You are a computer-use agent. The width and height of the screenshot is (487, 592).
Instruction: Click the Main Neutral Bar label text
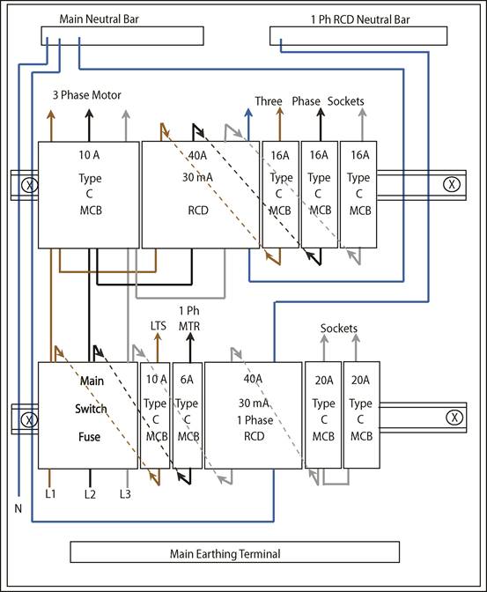99,18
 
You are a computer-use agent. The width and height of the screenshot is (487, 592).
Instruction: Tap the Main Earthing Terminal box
225,554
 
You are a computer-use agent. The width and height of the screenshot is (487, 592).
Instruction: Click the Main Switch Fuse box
88,415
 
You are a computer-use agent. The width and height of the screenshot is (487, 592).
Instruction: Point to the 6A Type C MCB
187,415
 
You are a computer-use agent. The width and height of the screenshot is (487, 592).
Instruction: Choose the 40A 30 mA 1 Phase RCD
253,415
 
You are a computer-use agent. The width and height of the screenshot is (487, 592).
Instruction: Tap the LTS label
159,326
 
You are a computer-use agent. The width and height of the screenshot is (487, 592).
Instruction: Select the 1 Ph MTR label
188,318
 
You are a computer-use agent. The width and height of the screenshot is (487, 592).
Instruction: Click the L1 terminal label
49,494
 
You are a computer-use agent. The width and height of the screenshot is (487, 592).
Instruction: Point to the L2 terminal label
89,494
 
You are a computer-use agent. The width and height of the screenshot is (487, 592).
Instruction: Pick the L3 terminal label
125,494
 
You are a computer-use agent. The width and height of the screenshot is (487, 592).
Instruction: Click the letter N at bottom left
17,508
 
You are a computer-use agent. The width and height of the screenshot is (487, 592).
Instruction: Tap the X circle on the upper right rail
451,184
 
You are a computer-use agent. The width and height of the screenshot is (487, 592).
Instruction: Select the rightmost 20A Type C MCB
361,415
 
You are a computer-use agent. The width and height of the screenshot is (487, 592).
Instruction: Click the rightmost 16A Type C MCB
359,194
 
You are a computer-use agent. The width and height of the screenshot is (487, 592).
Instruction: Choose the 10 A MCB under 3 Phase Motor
88,194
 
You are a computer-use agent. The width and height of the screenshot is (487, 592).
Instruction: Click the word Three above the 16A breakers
269,101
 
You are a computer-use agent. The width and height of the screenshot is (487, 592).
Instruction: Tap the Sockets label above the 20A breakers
339,329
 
